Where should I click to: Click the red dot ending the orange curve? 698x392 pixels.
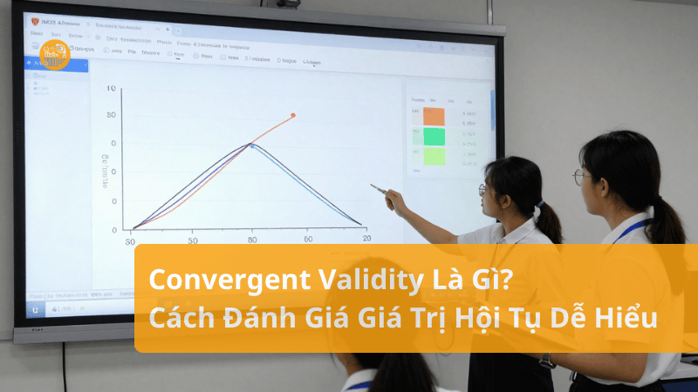tap(292, 115)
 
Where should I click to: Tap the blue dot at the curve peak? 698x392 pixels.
tap(252, 145)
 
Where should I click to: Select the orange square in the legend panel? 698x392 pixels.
tap(434, 117)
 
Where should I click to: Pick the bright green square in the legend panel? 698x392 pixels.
tap(434, 137)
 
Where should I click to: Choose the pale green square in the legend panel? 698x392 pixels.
tap(434, 157)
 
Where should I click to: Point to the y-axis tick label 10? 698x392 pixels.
tap(110, 89)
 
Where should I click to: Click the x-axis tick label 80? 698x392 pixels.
tap(252, 240)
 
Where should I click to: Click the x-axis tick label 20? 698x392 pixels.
tap(366, 239)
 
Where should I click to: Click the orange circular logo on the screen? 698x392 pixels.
tap(55, 55)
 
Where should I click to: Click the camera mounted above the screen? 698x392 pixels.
tap(288, 3)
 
